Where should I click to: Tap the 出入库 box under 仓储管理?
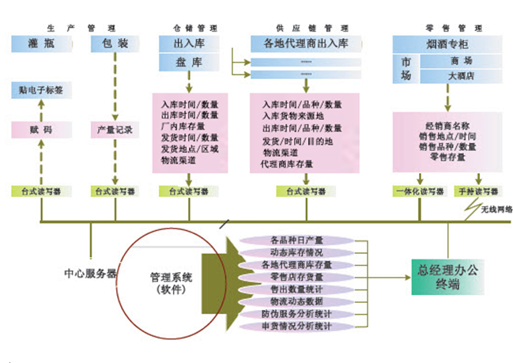click(187, 43)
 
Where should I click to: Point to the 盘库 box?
click(187, 63)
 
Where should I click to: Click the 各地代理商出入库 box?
click(302, 43)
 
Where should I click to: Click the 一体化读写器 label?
click(414, 191)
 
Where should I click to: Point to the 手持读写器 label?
click(477, 191)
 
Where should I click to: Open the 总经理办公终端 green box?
click(448, 276)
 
